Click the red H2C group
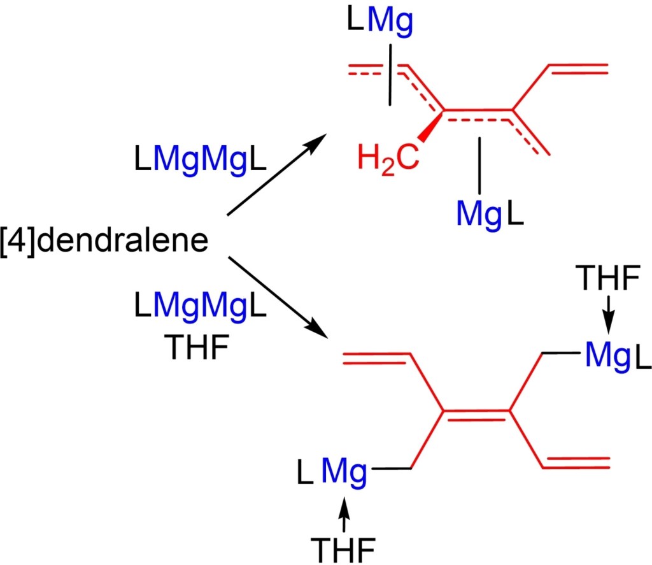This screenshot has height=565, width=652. (388, 155)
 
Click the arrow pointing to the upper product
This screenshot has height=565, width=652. (278, 178)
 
